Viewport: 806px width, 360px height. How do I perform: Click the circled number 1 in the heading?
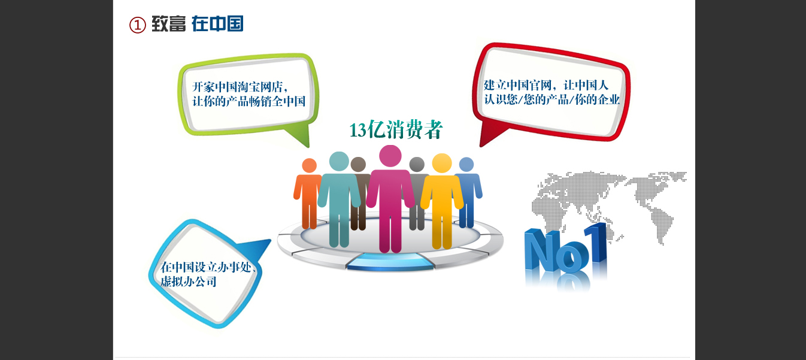[138, 25]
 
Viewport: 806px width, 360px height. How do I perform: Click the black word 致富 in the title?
[168, 24]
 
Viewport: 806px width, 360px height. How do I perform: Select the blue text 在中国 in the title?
[217, 24]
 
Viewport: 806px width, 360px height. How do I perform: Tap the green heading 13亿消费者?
[396, 129]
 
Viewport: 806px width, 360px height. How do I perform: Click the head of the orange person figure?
[309, 165]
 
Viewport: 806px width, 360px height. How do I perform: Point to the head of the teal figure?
[339, 161]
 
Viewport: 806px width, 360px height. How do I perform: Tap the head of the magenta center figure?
[390, 156]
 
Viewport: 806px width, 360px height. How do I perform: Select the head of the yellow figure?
[442, 163]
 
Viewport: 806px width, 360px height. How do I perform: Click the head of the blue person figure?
[466, 165]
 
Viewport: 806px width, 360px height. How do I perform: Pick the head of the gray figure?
[417, 164]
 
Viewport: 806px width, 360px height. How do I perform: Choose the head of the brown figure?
[358, 164]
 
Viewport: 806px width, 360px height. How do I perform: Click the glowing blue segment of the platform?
[390, 262]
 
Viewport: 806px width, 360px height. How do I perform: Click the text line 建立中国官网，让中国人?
[546, 85]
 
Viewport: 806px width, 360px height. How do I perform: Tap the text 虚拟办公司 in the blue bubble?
[189, 281]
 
